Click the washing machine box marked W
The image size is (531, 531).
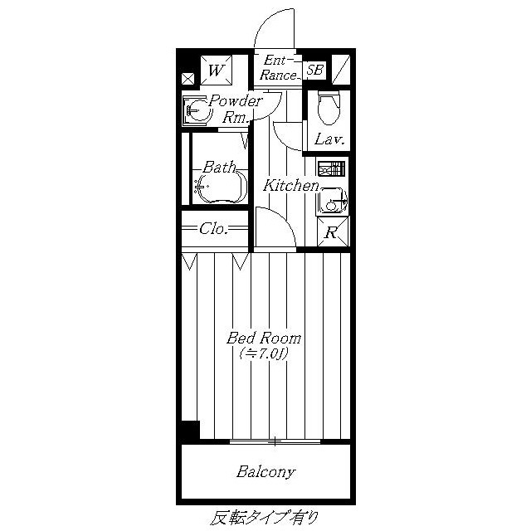pos(216,71)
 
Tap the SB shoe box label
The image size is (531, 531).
pos(314,70)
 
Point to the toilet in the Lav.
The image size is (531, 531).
pos(329,107)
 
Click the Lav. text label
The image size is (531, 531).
pos(329,139)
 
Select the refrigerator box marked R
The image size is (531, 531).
pos(333,231)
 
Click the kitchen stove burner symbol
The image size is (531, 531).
pos(332,168)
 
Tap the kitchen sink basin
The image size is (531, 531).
pos(332,201)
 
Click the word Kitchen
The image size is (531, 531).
pos(291,185)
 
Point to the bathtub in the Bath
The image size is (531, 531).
pos(220,186)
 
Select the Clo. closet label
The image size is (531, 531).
pos(213,229)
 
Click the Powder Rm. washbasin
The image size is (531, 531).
pos(197,110)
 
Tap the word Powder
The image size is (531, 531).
pos(236,100)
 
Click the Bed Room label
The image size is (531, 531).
pos(264,338)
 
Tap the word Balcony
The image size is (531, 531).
pos(265,472)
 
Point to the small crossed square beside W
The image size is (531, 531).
pos(188,79)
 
